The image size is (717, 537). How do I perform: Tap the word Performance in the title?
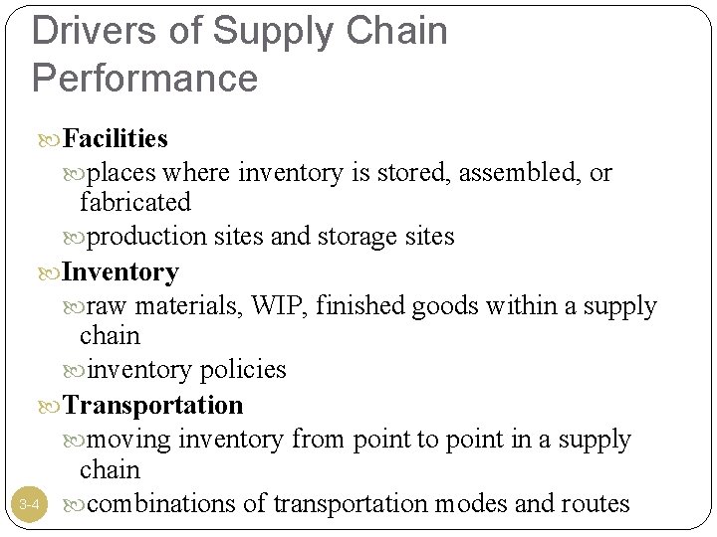pos(145,78)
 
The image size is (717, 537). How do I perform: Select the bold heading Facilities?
pos(115,137)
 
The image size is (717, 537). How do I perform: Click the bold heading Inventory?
pos(120,271)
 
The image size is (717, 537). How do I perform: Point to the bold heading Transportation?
pos(152,405)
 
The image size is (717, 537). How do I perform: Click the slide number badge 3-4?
pos(29,505)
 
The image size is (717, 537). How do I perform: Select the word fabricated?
pos(134,203)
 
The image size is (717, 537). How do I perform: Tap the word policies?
pos(243,370)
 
